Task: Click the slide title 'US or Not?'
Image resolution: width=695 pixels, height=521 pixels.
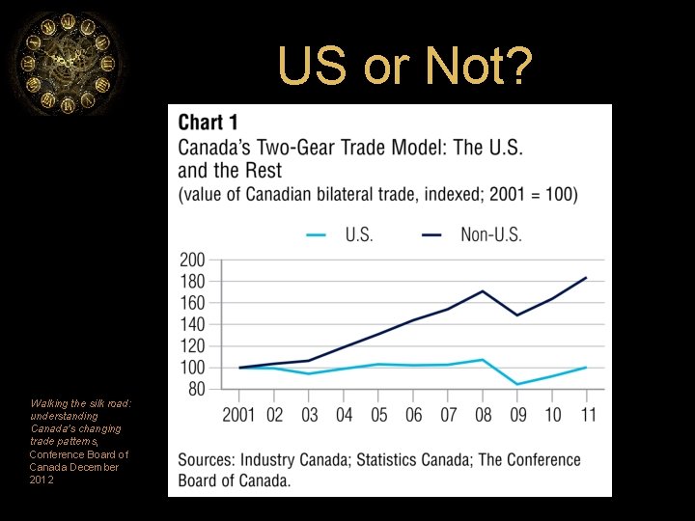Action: pos(403,66)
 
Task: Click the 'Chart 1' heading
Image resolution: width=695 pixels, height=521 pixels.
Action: pos(208,123)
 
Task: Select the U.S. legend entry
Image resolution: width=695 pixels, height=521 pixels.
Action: pos(341,234)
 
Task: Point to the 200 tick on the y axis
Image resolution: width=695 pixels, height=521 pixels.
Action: pos(192,260)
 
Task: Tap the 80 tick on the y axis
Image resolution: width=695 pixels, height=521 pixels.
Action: pos(197,389)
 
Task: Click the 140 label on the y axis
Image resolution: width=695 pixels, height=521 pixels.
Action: pos(192,324)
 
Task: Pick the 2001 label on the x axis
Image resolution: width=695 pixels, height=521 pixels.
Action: pos(238,415)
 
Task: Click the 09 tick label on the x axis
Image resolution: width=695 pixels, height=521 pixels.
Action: pos(517,415)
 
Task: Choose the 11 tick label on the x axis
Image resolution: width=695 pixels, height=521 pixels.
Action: pos(588,415)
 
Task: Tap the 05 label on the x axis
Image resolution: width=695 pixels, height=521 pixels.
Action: pos(378,415)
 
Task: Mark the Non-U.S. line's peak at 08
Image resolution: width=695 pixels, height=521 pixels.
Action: pos(483,291)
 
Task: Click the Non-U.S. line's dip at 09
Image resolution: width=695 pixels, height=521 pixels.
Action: pos(517,315)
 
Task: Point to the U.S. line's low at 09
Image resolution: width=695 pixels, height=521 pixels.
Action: pos(517,384)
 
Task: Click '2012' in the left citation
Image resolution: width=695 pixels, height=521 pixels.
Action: pos(42,480)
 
